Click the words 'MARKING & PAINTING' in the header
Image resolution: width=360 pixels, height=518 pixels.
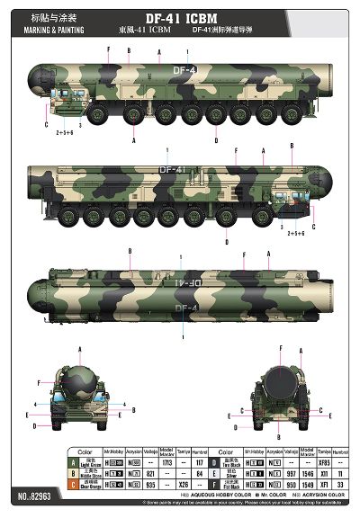(x=56, y=30)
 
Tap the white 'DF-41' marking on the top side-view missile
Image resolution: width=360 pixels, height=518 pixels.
(x=184, y=69)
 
